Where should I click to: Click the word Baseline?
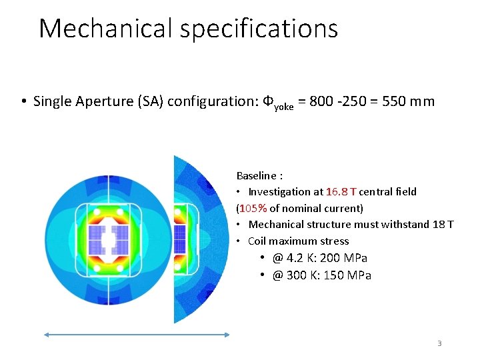pyautogui.click(x=257, y=176)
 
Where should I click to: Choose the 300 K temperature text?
pyautogui.click(x=299, y=275)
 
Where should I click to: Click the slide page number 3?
pyautogui.click(x=439, y=343)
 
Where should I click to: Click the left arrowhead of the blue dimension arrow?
pyautogui.click(x=47, y=337)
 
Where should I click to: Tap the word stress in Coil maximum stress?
pyautogui.click(x=334, y=241)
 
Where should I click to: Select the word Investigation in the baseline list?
pyautogui.click(x=279, y=192)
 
